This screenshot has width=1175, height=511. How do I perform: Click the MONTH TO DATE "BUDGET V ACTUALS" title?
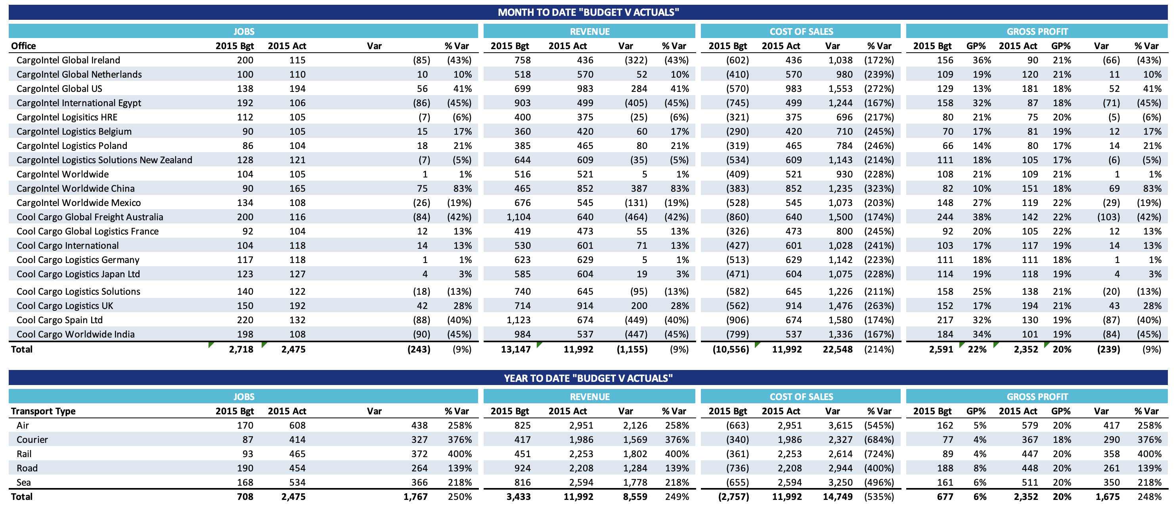click(x=587, y=12)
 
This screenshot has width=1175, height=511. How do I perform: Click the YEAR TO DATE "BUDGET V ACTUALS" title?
click(x=587, y=378)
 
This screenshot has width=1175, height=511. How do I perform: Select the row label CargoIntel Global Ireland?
click(x=69, y=60)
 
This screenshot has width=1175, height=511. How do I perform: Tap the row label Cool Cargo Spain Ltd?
click(x=60, y=320)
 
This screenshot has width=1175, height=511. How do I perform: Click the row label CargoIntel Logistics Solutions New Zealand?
click(x=104, y=160)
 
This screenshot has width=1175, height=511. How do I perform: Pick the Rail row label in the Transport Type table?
click(x=24, y=454)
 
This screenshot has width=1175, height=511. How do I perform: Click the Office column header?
click(x=23, y=46)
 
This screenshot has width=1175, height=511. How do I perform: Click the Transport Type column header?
click(x=43, y=411)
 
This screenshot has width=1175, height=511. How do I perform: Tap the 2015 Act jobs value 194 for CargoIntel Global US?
click(x=297, y=88)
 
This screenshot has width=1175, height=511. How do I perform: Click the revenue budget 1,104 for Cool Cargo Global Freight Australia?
click(x=518, y=217)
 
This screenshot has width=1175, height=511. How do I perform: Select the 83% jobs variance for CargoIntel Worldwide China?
click(x=462, y=188)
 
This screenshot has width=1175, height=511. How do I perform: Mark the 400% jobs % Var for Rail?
click(x=459, y=454)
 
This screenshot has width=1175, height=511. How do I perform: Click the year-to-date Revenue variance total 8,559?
click(x=635, y=496)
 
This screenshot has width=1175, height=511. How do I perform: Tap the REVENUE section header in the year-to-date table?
click(x=589, y=397)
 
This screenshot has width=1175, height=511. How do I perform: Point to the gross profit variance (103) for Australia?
click(x=1108, y=217)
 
